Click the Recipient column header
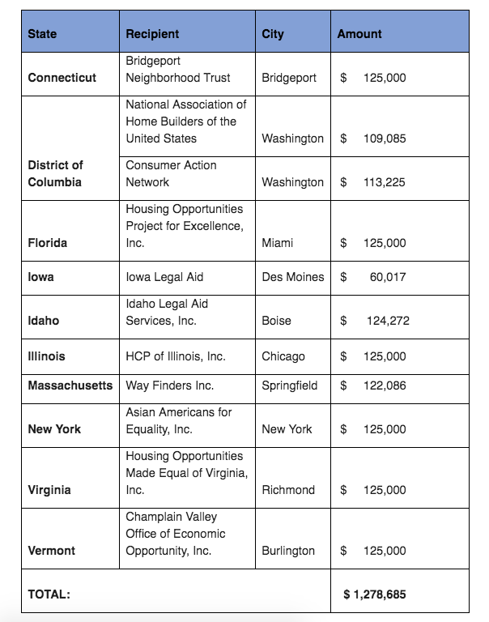pyautogui.click(x=152, y=34)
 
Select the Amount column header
pyautogui.click(x=359, y=34)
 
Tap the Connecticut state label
pyautogui.click(x=62, y=78)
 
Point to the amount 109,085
pyautogui.click(x=385, y=138)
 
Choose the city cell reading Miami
pyautogui.click(x=277, y=243)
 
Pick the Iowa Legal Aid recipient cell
pyautogui.click(x=164, y=277)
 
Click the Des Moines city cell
pyautogui.click(x=292, y=277)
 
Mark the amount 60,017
pyautogui.click(x=388, y=277)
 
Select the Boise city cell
pyautogui.click(x=276, y=321)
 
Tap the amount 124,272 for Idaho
pyautogui.click(x=388, y=321)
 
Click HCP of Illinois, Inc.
pyautogui.click(x=176, y=356)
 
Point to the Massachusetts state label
pyautogui.click(x=70, y=386)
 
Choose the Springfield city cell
pyautogui.click(x=290, y=386)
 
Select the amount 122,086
pyautogui.click(x=385, y=386)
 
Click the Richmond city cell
pyautogui.click(x=287, y=490)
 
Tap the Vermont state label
pyautogui.click(x=51, y=551)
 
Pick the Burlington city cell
pyautogui.click(x=288, y=551)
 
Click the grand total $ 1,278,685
pyautogui.click(x=375, y=594)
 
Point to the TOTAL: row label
pyautogui.click(x=49, y=594)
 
